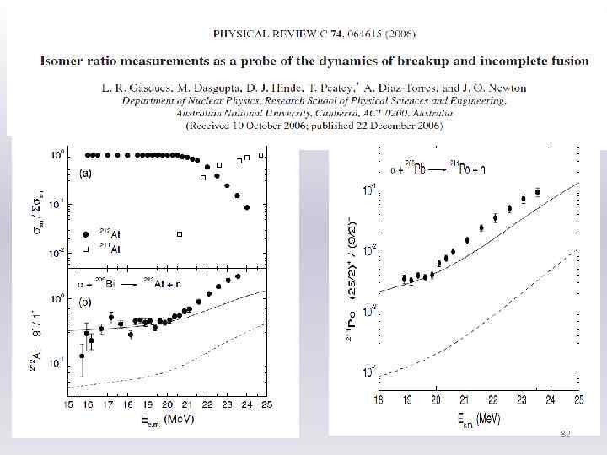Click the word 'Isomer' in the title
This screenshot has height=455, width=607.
click(65, 62)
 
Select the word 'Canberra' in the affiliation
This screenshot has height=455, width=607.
click(336, 113)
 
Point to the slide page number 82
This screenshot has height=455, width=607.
click(566, 433)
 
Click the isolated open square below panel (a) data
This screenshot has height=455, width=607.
click(179, 233)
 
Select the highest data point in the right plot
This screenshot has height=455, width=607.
click(537, 192)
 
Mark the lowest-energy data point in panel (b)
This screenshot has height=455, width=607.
click(82, 356)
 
